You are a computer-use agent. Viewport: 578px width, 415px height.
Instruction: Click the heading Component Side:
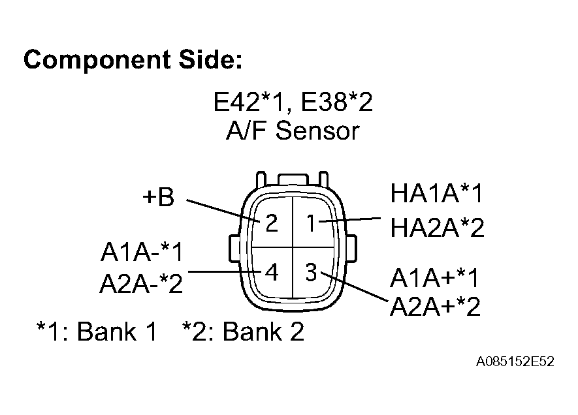pos(133,60)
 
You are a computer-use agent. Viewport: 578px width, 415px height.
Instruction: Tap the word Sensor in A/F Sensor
pos(317,131)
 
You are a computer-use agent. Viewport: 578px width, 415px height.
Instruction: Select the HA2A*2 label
pos(437,228)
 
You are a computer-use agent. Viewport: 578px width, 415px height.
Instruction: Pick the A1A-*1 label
pos(142,252)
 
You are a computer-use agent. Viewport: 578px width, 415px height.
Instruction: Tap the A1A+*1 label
pos(435,278)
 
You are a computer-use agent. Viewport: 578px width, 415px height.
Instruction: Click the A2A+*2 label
pos(435,306)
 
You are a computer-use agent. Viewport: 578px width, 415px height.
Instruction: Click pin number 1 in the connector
pos(312,224)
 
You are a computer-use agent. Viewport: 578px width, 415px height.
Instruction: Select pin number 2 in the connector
pos(272,224)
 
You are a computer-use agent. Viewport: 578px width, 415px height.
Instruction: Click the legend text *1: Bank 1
pos(97,332)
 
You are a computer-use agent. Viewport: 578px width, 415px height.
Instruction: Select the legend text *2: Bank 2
pos(243,332)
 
